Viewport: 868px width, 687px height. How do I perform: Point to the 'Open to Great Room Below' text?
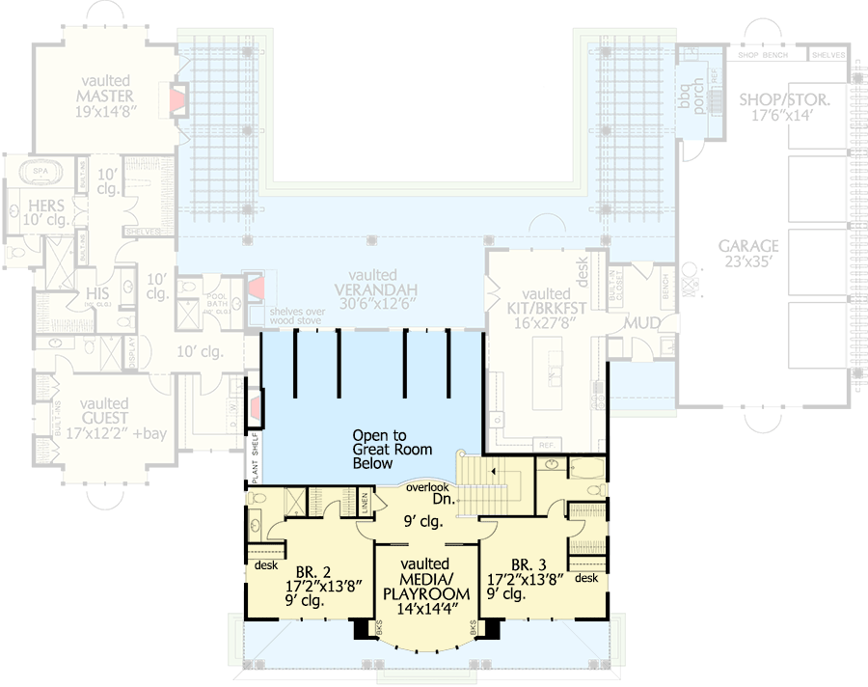point(392,449)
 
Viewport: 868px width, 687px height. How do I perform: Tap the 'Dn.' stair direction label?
point(442,501)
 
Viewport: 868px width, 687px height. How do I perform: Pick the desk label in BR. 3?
point(585,579)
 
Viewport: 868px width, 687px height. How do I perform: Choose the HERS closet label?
point(46,211)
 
